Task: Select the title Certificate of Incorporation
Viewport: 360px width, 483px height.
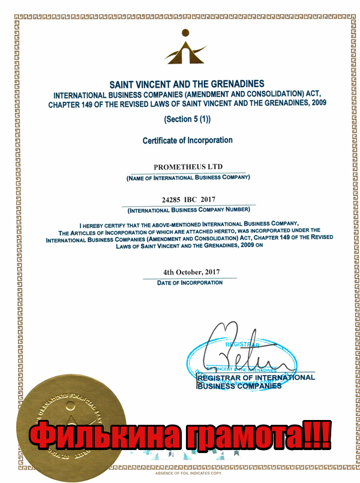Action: click(187, 140)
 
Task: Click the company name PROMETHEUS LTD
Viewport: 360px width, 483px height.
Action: click(187, 166)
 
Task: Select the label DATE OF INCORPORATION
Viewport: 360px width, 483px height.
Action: click(190, 283)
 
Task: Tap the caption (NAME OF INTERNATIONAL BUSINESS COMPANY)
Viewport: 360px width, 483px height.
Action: click(187, 178)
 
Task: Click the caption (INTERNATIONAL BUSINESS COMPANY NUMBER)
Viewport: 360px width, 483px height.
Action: click(188, 210)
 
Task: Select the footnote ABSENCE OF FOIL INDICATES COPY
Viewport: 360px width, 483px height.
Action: click(188, 473)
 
